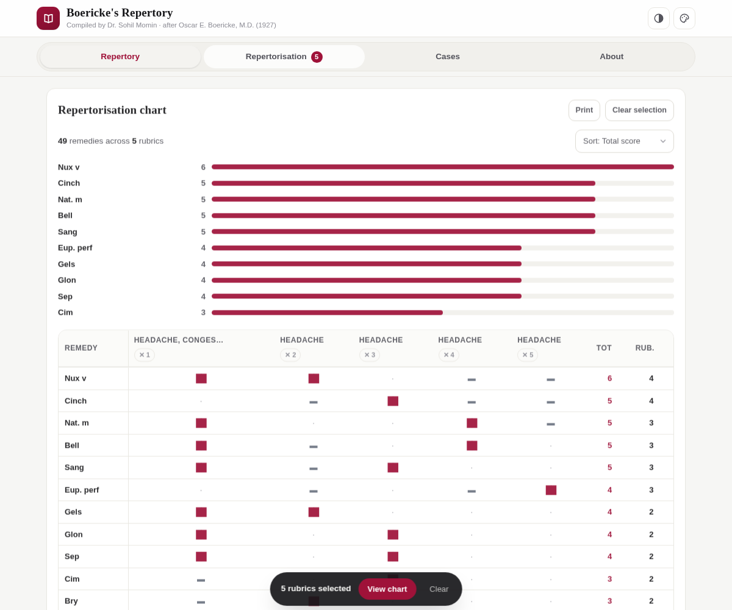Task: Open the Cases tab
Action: pyautogui.click(x=447, y=57)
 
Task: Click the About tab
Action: pyautogui.click(x=611, y=57)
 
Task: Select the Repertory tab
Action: pyautogui.click(x=120, y=57)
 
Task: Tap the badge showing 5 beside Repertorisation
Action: pyautogui.click(x=317, y=57)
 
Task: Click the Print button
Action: pyautogui.click(x=584, y=110)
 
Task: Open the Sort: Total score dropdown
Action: pyautogui.click(x=624, y=141)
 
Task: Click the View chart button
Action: pyautogui.click(x=387, y=589)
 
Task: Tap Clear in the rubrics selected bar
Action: pyautogui.click(x=439, y=589)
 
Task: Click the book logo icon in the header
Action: pyautogui.click(x=48, y=18)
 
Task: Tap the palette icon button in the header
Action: pyautogui.click(x=684, y=18)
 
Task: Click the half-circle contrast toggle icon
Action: pyautogui.click(x=658, y=18)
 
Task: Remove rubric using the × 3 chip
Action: pyautogui.click(x=370, y=355)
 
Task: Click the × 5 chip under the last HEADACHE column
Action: pyautogui.click(x=528, y=355)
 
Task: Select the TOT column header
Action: pyautogui.click(x=604, y=348)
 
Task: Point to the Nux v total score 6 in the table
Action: pyautogui.click(x=609, y=378)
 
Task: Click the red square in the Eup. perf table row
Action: pyautogui.click(x=551, y=490)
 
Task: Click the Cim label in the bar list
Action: pyautogui.click(x=65, y=312)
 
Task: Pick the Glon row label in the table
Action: pyautogui.click(x=74, y=534)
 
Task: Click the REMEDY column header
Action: pyautogui.click(x=81, y=348)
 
